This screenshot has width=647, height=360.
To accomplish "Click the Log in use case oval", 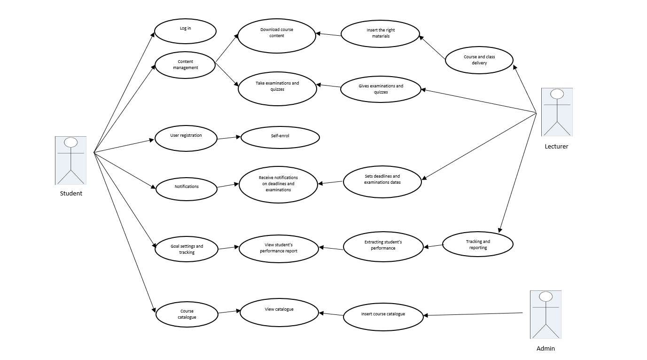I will tap(185, 31).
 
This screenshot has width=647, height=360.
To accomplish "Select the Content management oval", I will tap(185, 65).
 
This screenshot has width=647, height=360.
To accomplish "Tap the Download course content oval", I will tap(276, 36).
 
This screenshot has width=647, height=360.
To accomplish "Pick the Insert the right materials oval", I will tap(380, 34).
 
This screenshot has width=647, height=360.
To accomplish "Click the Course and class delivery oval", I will tap(479, 60).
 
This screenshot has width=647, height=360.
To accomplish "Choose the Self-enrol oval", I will tap(280, 137).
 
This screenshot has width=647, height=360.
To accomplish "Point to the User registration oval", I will tap(186, 138).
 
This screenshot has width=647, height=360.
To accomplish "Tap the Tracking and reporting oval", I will tap(478, 244).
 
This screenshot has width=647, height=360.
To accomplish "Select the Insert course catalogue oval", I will tap(383, 317).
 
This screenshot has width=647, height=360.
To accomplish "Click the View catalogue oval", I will tap(279, 312).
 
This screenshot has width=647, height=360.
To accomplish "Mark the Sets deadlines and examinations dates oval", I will tap(382, 182).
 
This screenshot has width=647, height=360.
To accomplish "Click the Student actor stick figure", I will tap(70, 160).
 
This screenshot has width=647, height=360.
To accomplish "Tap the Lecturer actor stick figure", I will tap(557, 112).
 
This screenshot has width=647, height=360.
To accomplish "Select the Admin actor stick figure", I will tap(546, 314).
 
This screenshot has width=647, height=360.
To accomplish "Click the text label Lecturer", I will tap(556, 147).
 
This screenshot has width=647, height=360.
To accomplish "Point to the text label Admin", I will tap(546, 349).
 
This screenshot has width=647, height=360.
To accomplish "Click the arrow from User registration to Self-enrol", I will tap(229, 137).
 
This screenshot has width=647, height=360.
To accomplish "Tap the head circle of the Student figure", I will tap(71, 142).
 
